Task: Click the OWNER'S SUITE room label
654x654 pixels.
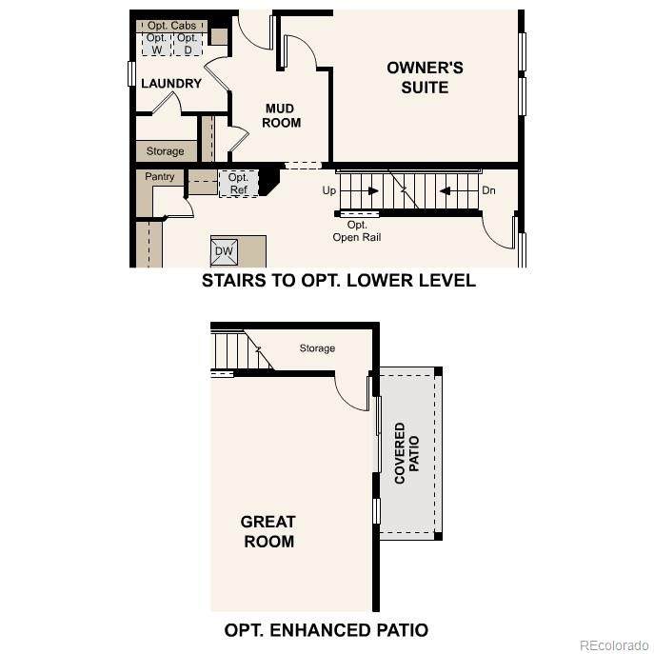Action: tap(425, 77)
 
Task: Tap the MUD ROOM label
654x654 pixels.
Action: tap(281, 115)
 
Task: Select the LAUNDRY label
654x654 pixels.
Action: tap(171, 84)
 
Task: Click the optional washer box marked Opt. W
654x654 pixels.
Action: tap(156, 44)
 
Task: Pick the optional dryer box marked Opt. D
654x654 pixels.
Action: tap(188, 44)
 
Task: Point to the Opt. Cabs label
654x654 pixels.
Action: tap(171, 26)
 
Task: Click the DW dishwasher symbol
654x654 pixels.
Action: tap(224, 251)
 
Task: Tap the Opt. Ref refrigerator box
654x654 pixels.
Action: tap(239, 184)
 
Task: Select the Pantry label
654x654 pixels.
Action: tap(159, 176)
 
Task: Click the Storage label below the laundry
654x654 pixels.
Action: tap(166, 151)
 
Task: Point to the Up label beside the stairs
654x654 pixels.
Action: tap(329, 190)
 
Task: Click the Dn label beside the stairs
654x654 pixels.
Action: tap(488, 190)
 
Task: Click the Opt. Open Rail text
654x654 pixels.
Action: tap(357, 231)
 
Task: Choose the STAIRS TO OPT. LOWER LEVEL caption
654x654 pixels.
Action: tap(339, 280)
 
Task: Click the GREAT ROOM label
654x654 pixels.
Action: tap(268, 531)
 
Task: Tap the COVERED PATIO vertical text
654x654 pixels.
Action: tap(406, 453)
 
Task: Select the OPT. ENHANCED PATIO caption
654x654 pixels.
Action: tap(327, 630)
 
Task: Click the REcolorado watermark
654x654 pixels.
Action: tap(614, 645)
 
